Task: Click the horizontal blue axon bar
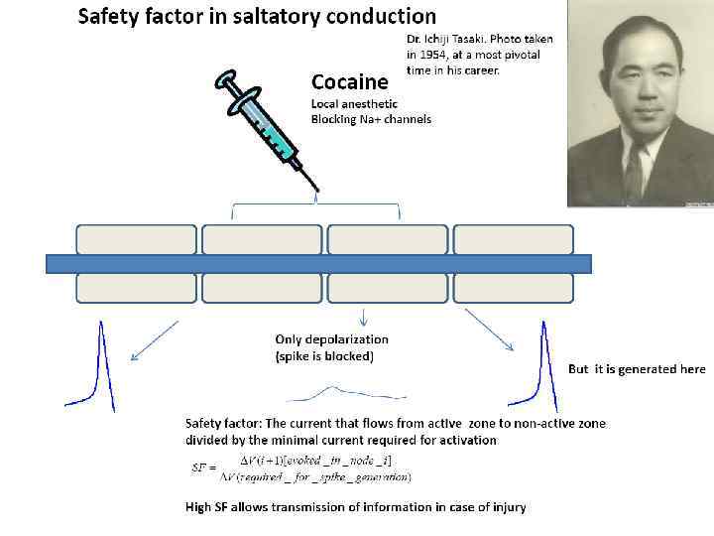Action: (318, 263)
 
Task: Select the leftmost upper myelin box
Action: (137, 239)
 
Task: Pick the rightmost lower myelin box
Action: (514, 288)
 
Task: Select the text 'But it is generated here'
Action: (637, 369)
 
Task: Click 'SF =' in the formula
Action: (206, 467)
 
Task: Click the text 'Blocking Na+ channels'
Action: (371, 119)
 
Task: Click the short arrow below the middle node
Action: (364, 317)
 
